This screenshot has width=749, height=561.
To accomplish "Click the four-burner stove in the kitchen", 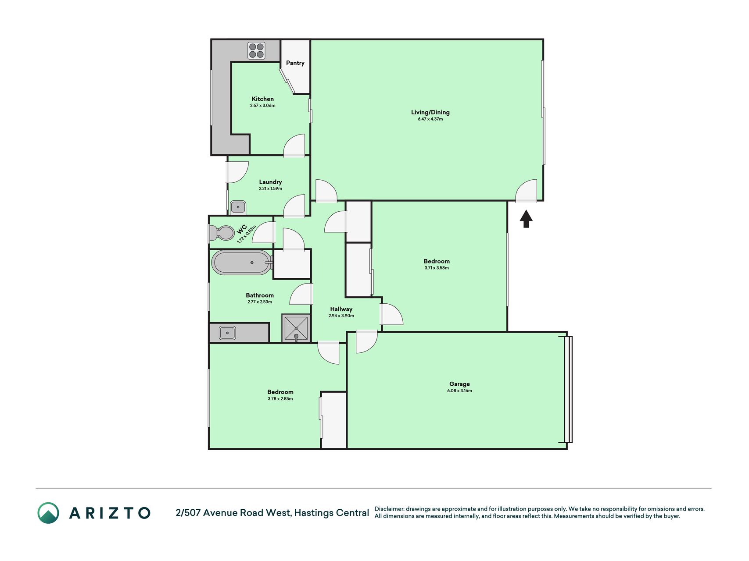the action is click(x=256, y=50).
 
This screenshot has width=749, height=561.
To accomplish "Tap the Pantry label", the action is click(x=295, y=63).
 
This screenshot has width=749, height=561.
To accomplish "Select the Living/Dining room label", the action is click(x=430, y=112).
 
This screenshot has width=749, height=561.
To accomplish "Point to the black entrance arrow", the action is click(x=526, y=219).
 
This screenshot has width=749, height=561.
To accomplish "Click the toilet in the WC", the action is click(x=222, y=233).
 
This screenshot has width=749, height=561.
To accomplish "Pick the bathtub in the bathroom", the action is click(x=242, y=263).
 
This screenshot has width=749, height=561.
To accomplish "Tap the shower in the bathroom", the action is click(x=296, y=328).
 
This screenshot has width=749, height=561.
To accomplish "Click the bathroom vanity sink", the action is click(x=227, y=333).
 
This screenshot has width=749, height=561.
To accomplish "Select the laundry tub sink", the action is click(x=238, y=207).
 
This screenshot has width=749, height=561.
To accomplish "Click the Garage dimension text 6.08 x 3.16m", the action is click(x=459, y=391).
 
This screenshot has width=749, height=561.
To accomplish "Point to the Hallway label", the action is click(x=341, y=309).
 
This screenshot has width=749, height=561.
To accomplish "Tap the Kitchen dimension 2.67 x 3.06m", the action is click(x=263, y=106).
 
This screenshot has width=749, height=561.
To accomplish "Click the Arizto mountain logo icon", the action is click(x=48, y=513).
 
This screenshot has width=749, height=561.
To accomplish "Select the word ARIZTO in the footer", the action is click(x=110, y=513).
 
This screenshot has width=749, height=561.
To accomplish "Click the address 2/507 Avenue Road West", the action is click(x=233, y=513).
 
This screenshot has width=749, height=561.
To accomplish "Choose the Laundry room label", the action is click(x=270, y=182).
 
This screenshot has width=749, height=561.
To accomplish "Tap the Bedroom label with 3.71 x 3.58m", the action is click(x=437, y=261).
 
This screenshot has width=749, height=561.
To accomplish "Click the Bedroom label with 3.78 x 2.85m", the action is click(x=280, y=392).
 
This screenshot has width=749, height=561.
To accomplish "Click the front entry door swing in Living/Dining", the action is click(x=526, y=190).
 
